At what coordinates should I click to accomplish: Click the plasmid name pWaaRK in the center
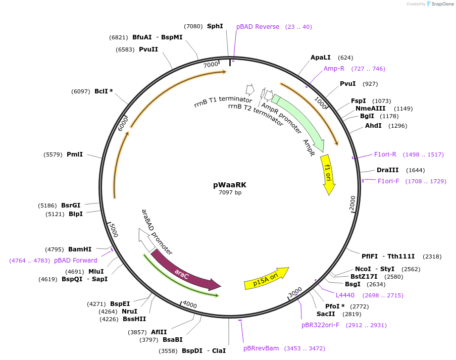point(230,185)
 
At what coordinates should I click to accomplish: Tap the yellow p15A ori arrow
point(267,279)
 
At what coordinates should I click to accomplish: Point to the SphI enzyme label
point(215,26)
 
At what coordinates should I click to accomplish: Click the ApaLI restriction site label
point(321,58)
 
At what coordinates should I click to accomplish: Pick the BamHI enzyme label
point(80,249)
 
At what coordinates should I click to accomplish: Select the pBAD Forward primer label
point(75,261)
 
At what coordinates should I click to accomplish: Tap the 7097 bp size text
point(230,193)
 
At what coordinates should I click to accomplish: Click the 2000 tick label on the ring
point(352,203)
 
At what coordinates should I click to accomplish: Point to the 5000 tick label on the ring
point(114,232)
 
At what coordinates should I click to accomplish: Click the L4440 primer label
point(345,295)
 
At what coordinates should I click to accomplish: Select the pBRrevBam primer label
point(261,348)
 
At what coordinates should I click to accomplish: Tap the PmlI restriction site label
point(75,154)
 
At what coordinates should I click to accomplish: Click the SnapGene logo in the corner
point(438,4)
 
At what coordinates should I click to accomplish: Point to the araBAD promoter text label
point(157,232)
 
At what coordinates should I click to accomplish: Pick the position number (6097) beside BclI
point(82,91)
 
